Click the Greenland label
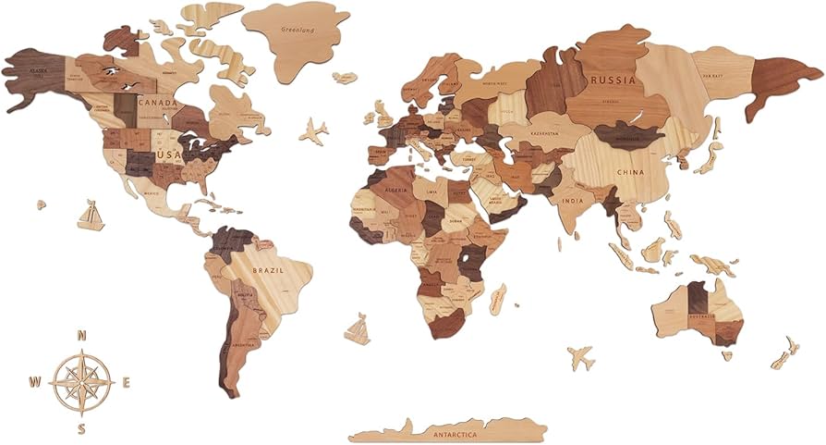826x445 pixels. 295,29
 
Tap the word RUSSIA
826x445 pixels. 613,80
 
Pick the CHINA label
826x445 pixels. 632,171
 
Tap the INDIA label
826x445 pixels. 572,200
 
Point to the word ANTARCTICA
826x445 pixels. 450,431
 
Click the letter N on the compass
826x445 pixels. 82,336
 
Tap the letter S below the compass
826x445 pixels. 82,427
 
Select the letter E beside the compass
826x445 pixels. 127,381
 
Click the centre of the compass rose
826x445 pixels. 82,381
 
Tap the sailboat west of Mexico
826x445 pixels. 90,216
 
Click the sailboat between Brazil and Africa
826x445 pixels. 357,328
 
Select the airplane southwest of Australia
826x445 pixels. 581,357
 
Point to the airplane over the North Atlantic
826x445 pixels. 313,131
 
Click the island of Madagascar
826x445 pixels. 498,298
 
